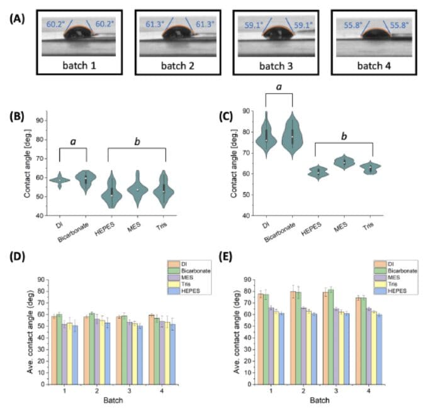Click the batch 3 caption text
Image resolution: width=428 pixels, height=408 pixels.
[276, 66]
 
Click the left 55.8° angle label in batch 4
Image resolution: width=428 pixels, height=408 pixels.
[353, 25]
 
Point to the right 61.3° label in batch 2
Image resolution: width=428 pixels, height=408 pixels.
[205, 25]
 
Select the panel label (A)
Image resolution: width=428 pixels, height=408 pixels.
[17, 19]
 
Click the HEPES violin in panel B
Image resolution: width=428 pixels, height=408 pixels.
[111, 190]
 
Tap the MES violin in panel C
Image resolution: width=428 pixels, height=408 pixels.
[344, 162]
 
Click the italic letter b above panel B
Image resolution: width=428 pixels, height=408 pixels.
[137, 141]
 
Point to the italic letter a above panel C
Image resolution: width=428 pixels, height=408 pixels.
[279, 87]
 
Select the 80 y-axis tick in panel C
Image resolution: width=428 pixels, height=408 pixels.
[246, 132]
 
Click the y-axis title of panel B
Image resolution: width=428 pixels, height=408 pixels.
[27, 163]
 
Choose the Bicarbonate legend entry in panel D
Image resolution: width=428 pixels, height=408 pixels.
[189, 270]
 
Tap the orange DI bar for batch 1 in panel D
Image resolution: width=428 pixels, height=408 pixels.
[54, 351]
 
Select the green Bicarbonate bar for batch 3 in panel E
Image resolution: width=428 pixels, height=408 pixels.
[330, 337]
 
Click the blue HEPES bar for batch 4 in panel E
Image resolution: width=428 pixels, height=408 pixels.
[379, 350]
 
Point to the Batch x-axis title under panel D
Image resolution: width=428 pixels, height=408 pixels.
[113, 400]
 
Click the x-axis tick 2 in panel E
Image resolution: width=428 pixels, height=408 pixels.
[303, 391]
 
